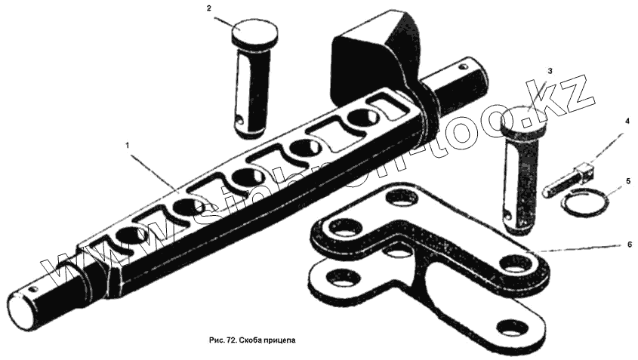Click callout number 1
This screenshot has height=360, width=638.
(x=128, y=143)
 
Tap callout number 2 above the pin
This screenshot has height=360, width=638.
(x=208, y=8)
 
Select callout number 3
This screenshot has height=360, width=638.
(x=550, y=71)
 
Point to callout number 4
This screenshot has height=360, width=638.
(x=626, y=121)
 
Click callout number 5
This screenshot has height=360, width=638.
(x=626, y=182)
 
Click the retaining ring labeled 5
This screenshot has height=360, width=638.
(x=583, y=203)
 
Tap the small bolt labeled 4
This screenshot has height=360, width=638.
(x=567, y=180)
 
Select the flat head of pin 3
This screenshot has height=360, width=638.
(x=524, y=121)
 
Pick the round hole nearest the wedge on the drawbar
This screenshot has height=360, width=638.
(x=362, y=118)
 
